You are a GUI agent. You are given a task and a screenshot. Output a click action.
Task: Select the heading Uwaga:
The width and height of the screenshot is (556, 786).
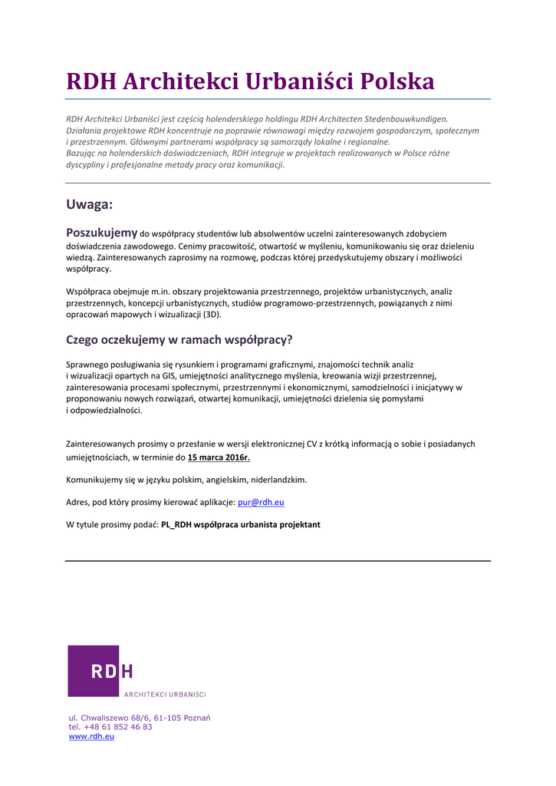[x=90, y=204]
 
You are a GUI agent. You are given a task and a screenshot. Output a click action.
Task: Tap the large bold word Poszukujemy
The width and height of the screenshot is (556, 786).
[x=102, y=233]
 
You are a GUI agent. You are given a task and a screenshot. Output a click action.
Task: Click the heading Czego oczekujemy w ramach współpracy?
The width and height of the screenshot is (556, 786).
[x=179, y=339]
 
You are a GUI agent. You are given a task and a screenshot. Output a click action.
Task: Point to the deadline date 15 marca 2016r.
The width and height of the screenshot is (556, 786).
[x=219, y=457]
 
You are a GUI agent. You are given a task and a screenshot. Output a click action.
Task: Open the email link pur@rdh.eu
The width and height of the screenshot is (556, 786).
[x=262, y=502]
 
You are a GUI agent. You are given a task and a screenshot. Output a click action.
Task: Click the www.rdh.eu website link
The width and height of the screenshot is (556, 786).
[x=91, y=736]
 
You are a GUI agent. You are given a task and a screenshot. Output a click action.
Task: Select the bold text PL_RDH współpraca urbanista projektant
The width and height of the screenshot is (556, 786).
[x=241, y=525]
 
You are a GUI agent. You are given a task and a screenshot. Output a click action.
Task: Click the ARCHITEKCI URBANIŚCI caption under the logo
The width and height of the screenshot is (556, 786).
[x=165, y=695]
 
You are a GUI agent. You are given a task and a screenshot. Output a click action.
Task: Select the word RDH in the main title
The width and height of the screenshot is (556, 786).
[x=90, y=81]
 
